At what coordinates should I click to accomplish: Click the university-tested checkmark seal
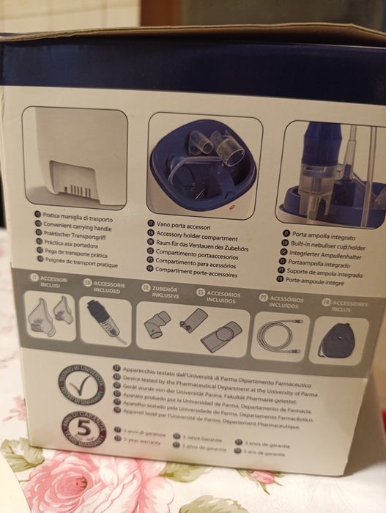coord(82,386)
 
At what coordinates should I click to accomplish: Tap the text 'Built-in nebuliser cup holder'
coord(324,248)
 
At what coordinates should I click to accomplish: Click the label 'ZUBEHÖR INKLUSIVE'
coord(166,292)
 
